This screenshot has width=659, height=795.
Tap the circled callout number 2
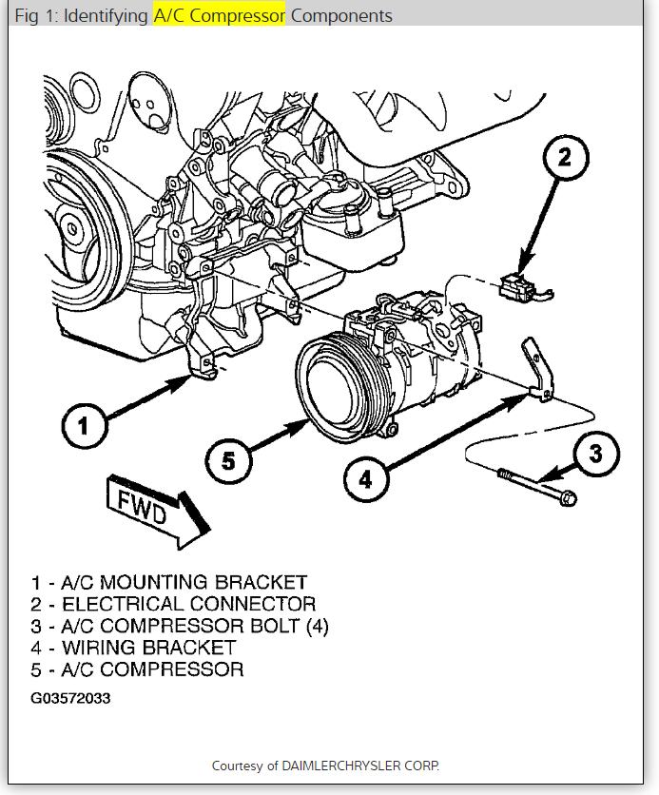pyautogui.click(x=564, y=159)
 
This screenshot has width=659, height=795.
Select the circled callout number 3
pyautogui.click(x=595, y=456)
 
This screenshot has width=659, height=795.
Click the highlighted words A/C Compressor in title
pyautogui.click(x=220, y=16)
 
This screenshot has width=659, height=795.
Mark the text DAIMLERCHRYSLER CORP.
pyautogui.click(x=369, y=766)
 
